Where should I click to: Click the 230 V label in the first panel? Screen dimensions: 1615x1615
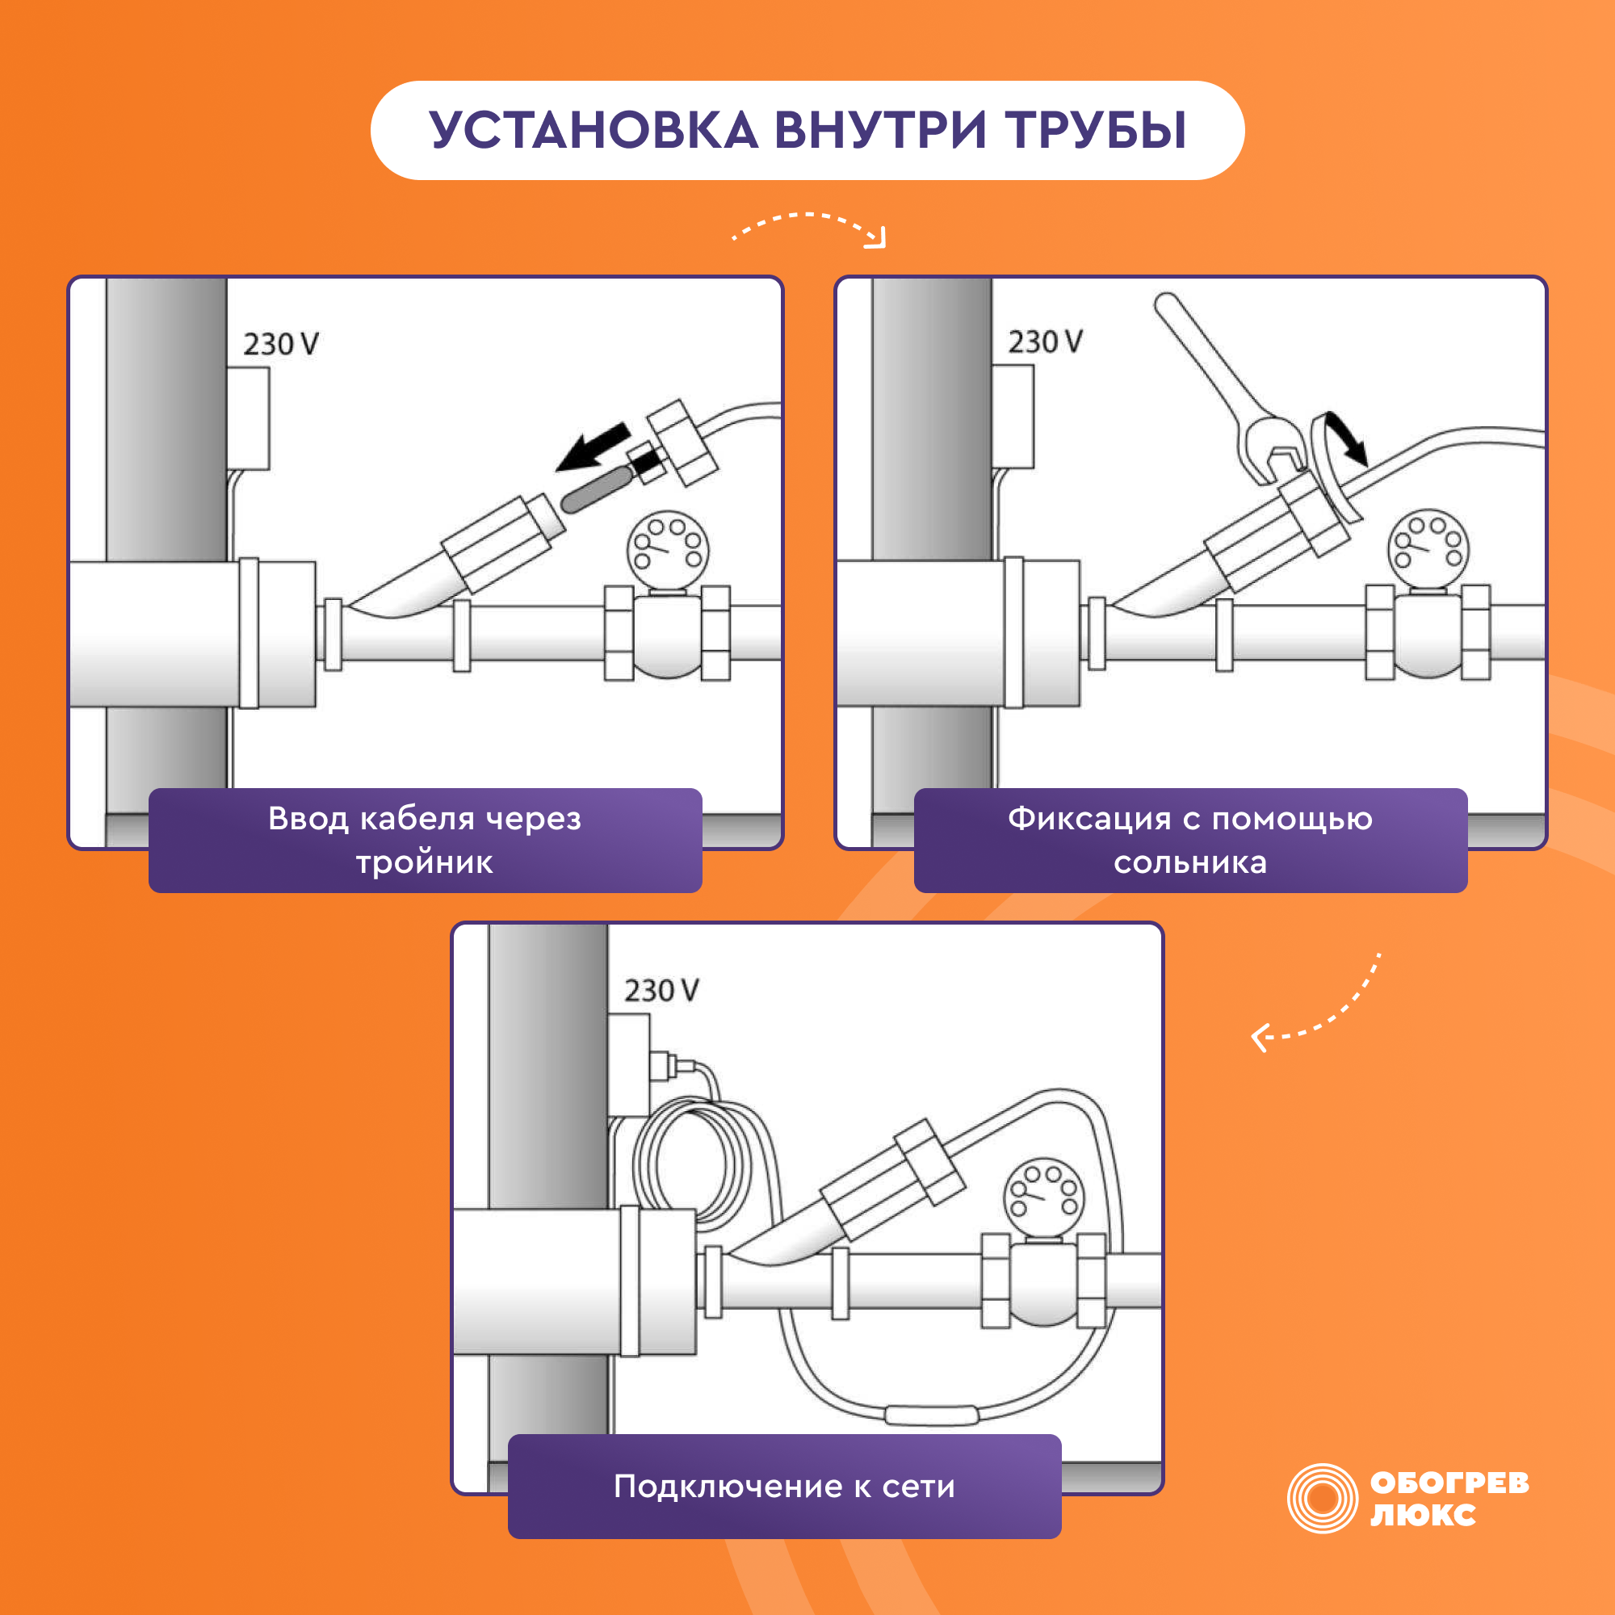click(281, 343)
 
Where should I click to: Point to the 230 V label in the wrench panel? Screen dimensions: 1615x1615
click(1045, 341)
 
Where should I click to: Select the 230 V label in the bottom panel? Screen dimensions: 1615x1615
click(661, 991)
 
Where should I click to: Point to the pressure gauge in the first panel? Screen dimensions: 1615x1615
click(668, 550)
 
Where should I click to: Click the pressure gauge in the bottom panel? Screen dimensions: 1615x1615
click(1043, 1197)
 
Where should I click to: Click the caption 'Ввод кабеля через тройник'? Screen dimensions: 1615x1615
click(425, 840)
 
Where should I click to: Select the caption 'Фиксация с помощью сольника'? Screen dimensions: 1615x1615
click(1190, 840)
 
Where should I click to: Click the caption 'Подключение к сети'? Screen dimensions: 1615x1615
click(784, 1487)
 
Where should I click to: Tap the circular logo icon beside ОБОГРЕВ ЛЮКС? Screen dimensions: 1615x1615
click(1323, 1498)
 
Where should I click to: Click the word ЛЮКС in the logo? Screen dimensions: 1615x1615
click(1423, 1515)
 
